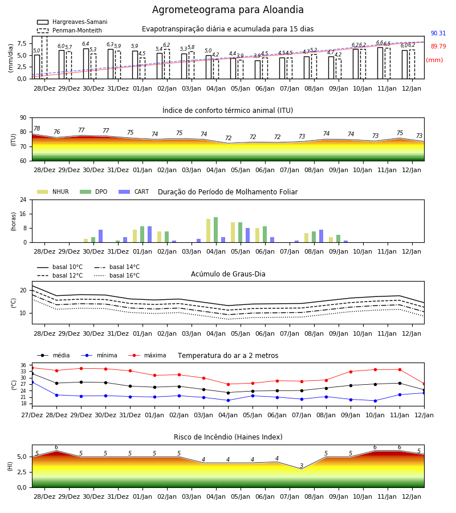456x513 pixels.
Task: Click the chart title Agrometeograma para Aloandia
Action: click(x=227, y=10)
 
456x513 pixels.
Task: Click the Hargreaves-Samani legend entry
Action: click(x=72, y=22)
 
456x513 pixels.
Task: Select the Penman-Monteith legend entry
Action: click(x=70, y=30)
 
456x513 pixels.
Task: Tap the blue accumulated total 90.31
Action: click(x=438, y=34)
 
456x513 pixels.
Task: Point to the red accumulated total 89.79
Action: click(x=438, y=47)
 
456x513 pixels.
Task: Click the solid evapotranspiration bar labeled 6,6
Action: click(x=380, y=63)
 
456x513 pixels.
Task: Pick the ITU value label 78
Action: click(x=37, y=129)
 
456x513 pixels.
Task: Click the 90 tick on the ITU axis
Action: click(x=23, y=118)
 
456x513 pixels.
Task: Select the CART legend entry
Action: click(x=134, y=192)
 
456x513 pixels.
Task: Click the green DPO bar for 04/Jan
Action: click(x=216, y=230)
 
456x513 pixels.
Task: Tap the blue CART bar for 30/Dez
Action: click(x=100, y=236)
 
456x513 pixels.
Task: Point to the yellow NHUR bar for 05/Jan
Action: click(x=233, y=233)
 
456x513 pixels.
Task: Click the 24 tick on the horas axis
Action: click(x=23, y=199)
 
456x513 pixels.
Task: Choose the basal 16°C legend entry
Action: click(x=117, y=275)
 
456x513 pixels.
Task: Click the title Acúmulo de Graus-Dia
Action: click(x=228, y=274)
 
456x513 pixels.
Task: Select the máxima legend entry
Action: click(x=147, y=355)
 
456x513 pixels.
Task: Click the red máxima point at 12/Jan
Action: click(x=424, y=384)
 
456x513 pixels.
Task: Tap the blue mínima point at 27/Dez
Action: click(x=32, y=382)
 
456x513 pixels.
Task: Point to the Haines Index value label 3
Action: click(x=302, y=466)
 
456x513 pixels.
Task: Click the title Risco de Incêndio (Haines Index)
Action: click(x=228, y=437)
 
